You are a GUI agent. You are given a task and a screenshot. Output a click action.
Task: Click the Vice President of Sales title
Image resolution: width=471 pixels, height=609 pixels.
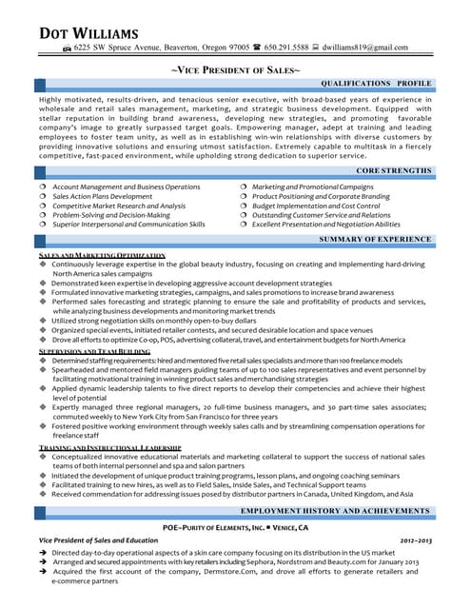pyautogui.click(x=235, y=70)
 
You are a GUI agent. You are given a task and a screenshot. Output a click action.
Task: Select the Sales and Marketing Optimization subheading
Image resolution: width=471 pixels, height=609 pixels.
pyautogui.click(x=102, y=256)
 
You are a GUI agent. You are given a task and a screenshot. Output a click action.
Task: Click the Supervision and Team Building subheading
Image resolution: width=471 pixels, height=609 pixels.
pyautogui.click(x=94, y=352)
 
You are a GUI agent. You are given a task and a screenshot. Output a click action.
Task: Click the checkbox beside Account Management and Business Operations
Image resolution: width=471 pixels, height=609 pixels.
pyautogui.click(x=43, y=187)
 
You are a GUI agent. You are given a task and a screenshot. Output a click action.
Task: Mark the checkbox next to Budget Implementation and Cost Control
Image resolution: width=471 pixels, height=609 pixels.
pyautogui.click(x=244, y=206)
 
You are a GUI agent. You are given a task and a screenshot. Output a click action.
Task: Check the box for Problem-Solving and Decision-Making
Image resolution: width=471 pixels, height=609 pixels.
pyautogui.click(x=43, y=215)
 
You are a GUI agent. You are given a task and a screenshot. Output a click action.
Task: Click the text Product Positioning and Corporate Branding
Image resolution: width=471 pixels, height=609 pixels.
pyautogui.click(x=322, y=196)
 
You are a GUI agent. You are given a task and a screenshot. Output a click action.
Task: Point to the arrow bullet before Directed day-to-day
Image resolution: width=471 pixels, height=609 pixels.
pyautogui.click(x=43, y=552)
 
